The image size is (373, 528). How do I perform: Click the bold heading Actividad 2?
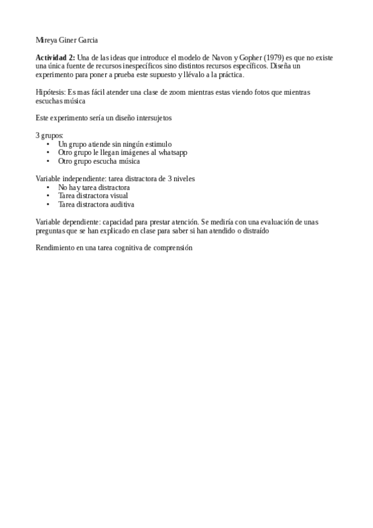[x=55, y=57]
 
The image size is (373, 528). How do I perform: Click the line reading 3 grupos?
[x=50, y=134]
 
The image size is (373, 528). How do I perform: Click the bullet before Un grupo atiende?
[x=48, y=144]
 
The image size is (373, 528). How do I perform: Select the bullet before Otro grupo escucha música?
[x=48, y=161]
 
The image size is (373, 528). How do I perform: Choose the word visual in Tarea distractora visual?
[x=119, y=196]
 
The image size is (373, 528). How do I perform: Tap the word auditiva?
[x=122, y=204]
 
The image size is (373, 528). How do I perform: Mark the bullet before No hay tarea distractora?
[x=48, y=187]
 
